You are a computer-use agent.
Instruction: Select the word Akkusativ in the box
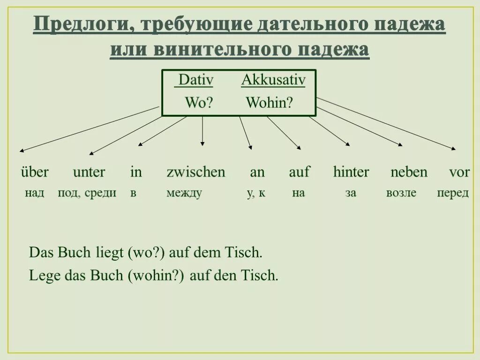coord(273,80)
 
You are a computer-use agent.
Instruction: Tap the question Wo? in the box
coord(199,103)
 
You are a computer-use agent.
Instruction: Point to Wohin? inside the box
coord(269,103)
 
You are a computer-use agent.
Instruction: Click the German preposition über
coord(34,172)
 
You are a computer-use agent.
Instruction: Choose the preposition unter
coord(89,172)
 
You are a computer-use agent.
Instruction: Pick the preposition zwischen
coord(196,172)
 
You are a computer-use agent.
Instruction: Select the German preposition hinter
coord(351,172)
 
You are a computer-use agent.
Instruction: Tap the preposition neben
coord(409,172)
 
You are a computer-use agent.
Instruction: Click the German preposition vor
coord(459,172)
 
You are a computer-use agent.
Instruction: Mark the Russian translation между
coord(184,193)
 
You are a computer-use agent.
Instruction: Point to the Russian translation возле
coord(401,193)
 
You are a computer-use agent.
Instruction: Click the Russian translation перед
coord(453,193)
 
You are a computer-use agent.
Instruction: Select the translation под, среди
coord(87,193)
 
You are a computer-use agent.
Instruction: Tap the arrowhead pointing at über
coord(22,151)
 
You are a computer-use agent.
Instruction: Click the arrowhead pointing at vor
coord(453,149)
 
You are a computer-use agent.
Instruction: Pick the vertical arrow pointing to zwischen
coord(202,131)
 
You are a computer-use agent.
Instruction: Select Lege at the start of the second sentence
coord(40,275)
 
